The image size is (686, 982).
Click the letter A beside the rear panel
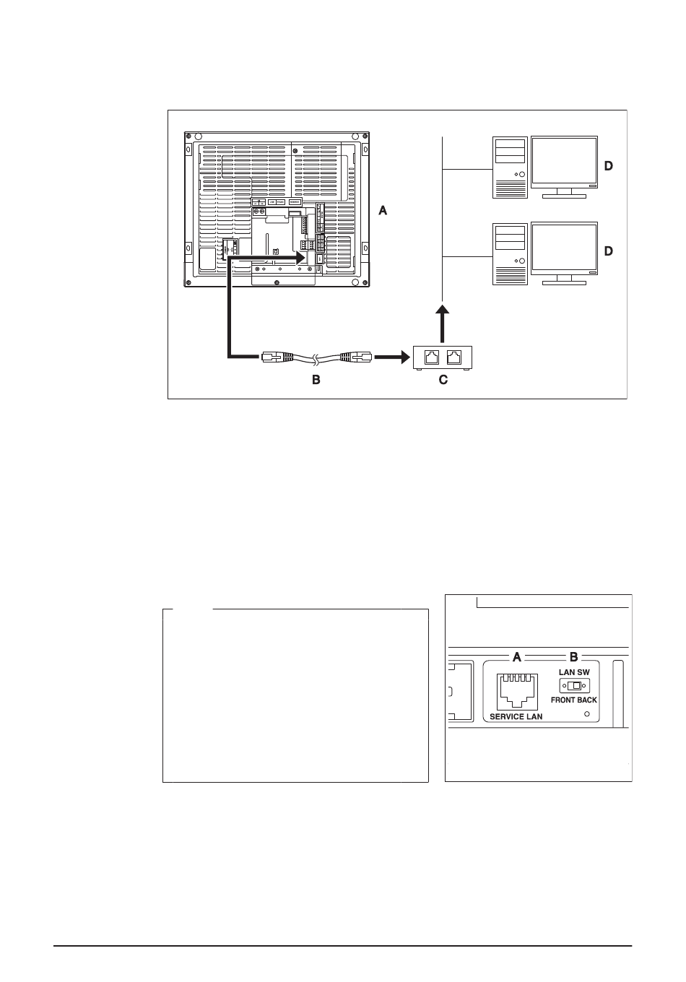pyautogui.click(x=383, y=211)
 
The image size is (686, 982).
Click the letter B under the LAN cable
pyautogui.click(x=316, y=380)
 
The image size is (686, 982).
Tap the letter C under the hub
pyautogui.click(x=443, y=380)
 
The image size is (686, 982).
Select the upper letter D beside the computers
pyautogui.click(x=609, y=166)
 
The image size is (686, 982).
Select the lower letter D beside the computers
pyautogui.click(x=609, y=251)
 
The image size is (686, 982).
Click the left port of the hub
pyautogui.click(x=432, y=357)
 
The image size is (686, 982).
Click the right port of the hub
pyautogui.click(x=453, y=357)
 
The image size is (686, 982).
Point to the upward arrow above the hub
pyautogui.click(x=443, y=324)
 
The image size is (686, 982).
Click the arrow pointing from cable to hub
pyautogui.click(x=392, y=357)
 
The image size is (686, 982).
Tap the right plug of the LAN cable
pyautogui.click(x=356, y=357)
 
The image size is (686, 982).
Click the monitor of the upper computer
pyautogui.click(x=564, y=167)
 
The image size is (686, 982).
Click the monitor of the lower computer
pyautogui.click(x=564, y=253)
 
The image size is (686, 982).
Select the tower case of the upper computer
pyautogui.click(x=509, y=168)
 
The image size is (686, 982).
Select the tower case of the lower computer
pyautogui.click(x=509, y=254)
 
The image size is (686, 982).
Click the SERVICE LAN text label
pyautogui.click(x=516, y=716)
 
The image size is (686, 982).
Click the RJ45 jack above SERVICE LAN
pyautogui.click(x=517, y=692)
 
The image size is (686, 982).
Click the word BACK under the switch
pyautogui.click(x=587, y=700)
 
